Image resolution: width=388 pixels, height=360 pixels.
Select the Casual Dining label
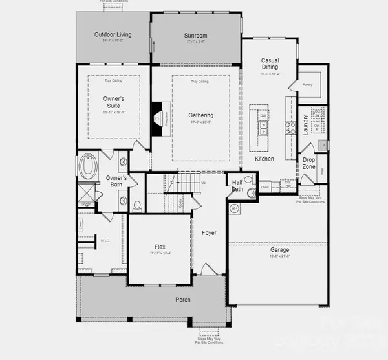270,63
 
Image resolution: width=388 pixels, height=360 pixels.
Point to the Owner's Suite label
114,102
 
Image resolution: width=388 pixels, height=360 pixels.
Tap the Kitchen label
264,159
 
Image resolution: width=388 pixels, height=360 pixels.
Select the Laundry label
305,122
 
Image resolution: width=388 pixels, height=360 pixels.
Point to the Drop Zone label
309,163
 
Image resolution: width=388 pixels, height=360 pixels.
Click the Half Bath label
237,186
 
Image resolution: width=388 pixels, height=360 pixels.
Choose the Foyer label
208,232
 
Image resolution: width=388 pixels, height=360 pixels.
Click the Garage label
280,250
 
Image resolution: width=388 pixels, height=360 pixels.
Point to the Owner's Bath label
116,181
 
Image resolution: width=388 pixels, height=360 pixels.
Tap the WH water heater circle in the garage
234,208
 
